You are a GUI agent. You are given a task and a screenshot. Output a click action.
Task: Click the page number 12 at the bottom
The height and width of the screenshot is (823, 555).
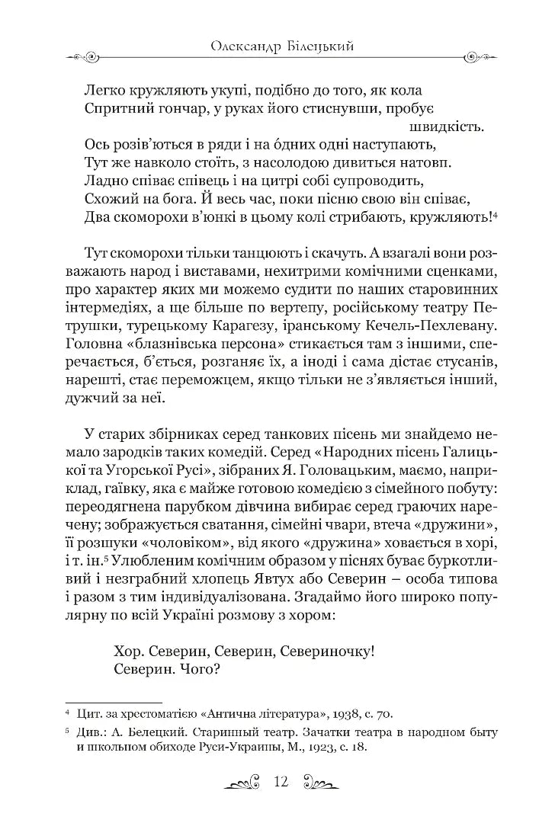click(278, 783)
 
